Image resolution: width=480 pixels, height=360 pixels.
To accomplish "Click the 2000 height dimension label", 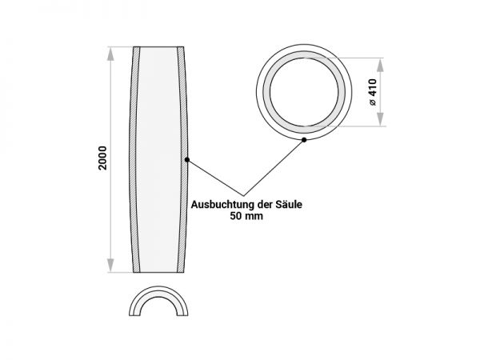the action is [x=102, y=158].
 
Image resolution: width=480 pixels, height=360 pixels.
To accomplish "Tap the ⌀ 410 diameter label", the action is [x=373, y=92].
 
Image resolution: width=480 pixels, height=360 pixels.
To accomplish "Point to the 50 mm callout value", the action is [x=246, y=216].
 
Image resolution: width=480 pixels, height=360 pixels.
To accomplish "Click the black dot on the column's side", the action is [x=187, y=159].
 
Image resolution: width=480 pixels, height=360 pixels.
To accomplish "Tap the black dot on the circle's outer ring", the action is [x=304, y=139].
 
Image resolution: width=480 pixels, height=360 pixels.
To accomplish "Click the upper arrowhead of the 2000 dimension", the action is [x=110, y=54].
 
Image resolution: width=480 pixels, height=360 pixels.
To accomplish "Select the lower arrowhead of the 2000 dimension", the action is [x=110, y=266].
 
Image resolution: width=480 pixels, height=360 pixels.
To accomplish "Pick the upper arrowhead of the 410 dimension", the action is [x=380, y=65].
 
